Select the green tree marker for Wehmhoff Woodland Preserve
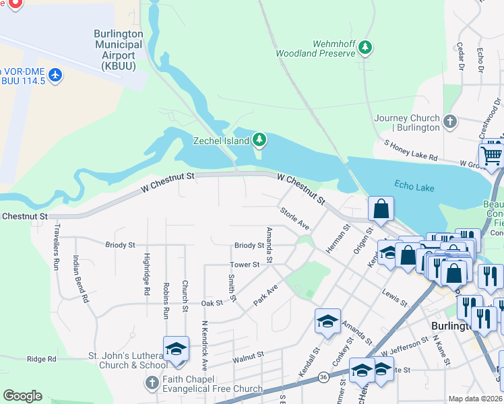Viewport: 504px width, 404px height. [x=365, y=47]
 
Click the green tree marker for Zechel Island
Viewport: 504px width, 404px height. [x=259, y=141]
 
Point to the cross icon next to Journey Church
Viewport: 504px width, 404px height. [x=451, y=123]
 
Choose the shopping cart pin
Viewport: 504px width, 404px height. [x=493, y=156]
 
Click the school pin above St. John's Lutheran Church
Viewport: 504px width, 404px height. [x=176, y=348]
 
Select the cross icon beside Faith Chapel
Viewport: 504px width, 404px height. [x=152, y=382]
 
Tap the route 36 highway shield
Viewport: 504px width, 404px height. [x=324, y=376]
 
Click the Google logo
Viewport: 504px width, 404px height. [x=22, y=395]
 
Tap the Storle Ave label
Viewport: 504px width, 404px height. [x=294, y=217]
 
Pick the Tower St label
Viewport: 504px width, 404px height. [x=245, y=265]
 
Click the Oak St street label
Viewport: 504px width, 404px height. [x=212, y=304]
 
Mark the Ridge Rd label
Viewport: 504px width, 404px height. [x=42, y=360]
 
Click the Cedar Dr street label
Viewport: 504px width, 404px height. [x=461, y=57]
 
